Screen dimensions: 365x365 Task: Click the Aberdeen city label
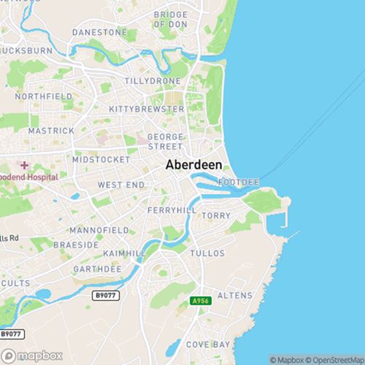(x=193, y=165)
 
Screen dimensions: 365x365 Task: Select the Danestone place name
(x=99, y=33)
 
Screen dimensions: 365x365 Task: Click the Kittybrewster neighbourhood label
(x=146, y=109)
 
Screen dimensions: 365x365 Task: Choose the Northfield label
(x=43, y=96)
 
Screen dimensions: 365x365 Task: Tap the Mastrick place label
(x=51, y=130)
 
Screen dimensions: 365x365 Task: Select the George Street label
(x=165, y=142)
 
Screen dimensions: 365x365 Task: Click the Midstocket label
(x=101, y=159)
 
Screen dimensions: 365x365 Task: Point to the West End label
(x=121, y=185)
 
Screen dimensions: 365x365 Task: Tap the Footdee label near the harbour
(x=238, y=180)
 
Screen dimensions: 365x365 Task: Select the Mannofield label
(x=101, y=230)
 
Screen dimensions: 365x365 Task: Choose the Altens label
(x=234, y=296)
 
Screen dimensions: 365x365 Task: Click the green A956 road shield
(x=200, y=301)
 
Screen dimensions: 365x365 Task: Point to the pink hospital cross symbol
(x=24, y=166)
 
